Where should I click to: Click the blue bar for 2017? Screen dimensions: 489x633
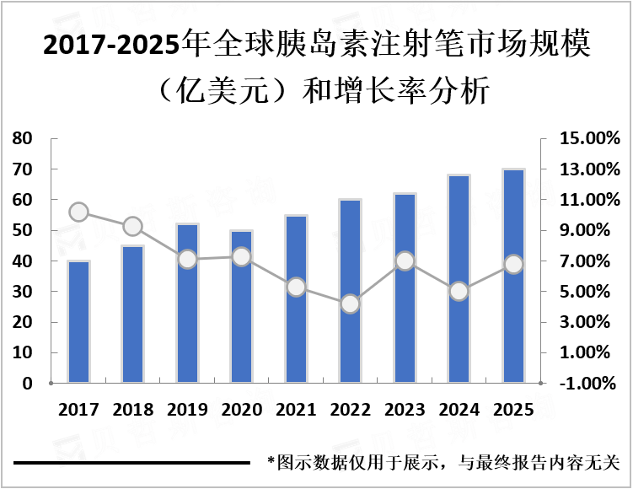[x=78, y=322]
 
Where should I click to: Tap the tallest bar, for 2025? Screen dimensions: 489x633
[x=513, y=277]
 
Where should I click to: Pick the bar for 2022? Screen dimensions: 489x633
[x=351, y=292]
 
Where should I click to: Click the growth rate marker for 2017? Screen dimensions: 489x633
[x=78, y=212]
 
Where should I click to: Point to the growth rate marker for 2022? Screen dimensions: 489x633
[x=351, y=304]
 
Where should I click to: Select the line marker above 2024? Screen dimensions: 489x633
[x=459, y=292]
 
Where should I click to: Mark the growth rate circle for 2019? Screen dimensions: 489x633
[x=187, y=260]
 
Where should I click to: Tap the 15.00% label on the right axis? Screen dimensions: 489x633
[x=591, y=138]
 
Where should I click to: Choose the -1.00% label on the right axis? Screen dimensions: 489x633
[x=591, y=384]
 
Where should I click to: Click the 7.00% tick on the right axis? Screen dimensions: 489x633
[x=591, y=261]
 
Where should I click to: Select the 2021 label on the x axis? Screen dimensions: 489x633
[x=296, y=410]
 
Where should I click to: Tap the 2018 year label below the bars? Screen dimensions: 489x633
[x=133, y=410]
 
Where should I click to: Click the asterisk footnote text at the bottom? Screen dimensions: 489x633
[x=443, y=463]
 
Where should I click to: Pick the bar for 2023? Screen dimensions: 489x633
[x=405, y=288]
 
